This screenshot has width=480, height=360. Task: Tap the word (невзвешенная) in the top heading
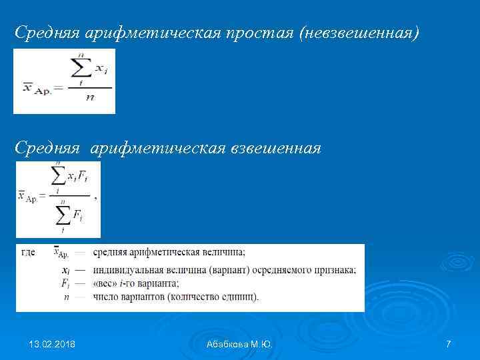click(361, 33)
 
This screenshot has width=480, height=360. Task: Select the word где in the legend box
click(29, 252)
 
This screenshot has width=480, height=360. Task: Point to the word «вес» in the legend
click(105, 283)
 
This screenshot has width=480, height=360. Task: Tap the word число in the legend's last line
click(105, 296)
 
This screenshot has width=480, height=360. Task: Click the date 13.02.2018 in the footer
click(52, 344)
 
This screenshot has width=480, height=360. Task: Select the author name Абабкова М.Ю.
click(240, 344)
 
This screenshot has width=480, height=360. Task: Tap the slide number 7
click(448, 344)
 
